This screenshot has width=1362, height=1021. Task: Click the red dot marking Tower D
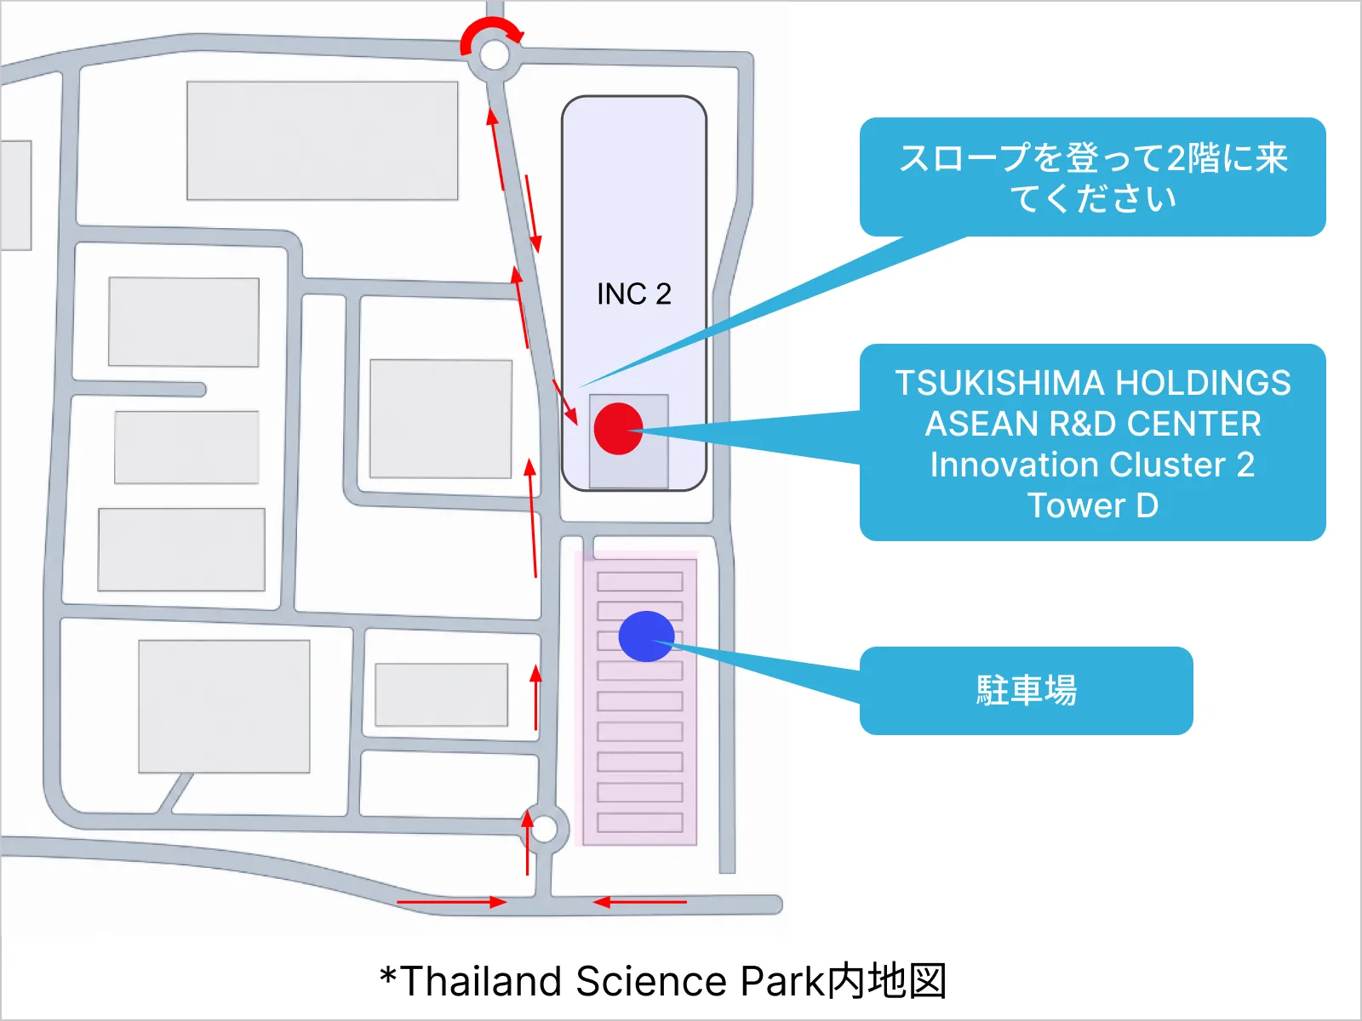pyautogui.click(x=618, y=428)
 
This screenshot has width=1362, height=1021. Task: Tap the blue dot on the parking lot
pyautogui.click(x=647, y=636)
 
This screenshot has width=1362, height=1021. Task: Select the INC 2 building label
pyautogui.click(x=633, y=294)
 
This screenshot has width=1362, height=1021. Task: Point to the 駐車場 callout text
pyautogui.click(x=1027, y=690)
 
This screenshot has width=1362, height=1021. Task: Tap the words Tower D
pyautogui.click(x=1093, y=505)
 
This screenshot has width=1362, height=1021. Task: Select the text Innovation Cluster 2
pyautogui.click(x=1093, y=465)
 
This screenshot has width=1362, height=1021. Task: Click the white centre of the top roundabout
pyautogui.click(x=495, y=55)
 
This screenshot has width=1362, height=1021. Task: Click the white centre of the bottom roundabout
pyautogui.click(x=544, y=830)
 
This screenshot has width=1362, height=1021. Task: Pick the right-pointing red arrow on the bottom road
pyautogui.click(x=452, y=902)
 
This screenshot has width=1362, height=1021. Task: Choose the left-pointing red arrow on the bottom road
pyautogui.click(x=639, y=902)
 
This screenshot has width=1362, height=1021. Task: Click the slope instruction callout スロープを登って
pyautogui.click(x=1093, y=178)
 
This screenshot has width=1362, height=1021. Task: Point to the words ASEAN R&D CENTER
pyautogui.click(x=1093, y=424)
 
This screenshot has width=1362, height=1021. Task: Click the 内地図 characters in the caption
pyautogui.click(x=887, y=981)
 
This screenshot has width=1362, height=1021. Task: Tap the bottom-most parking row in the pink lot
pyautogui.click(x=640, y=823)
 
